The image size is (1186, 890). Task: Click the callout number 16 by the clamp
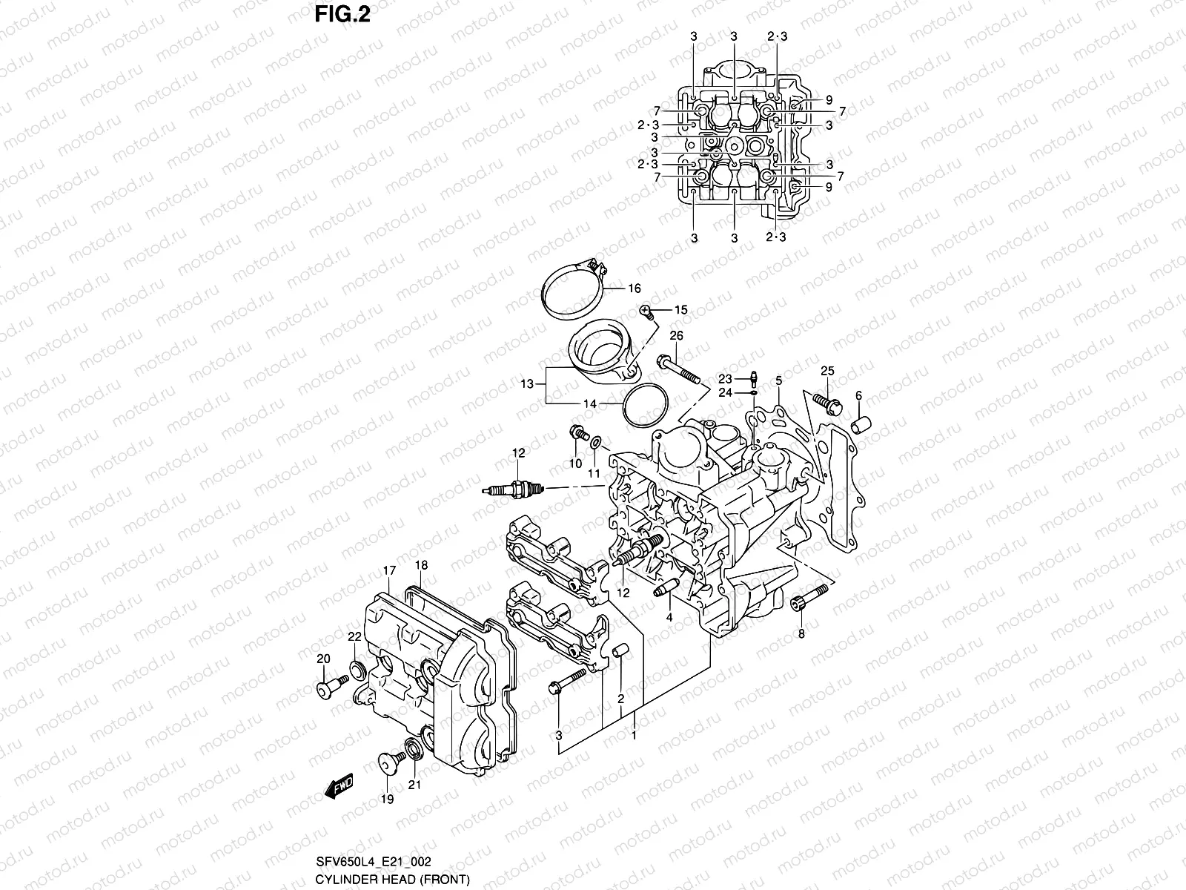634,289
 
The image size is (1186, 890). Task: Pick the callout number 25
827,371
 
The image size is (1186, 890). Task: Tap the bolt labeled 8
809,595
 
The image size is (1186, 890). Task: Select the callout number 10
575,464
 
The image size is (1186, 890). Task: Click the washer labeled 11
596,444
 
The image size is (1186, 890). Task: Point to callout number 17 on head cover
389,570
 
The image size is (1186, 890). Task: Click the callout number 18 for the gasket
421,565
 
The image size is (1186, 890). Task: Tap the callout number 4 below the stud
669,616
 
